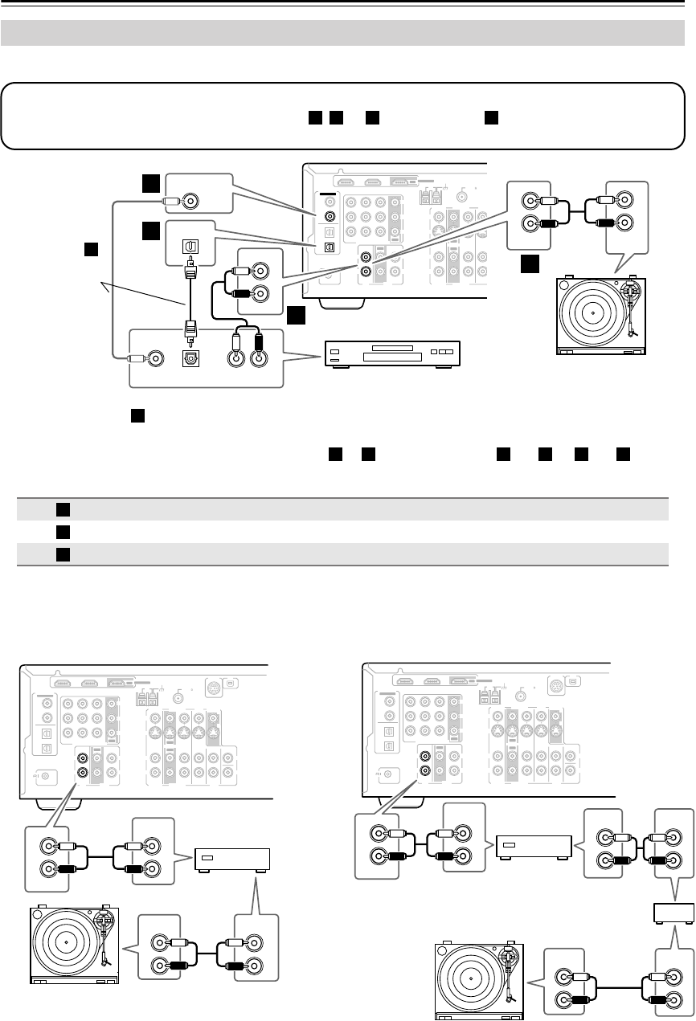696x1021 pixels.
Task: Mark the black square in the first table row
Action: (x=61, y=509)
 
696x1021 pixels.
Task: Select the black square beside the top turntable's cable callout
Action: (x=529, y=263)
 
